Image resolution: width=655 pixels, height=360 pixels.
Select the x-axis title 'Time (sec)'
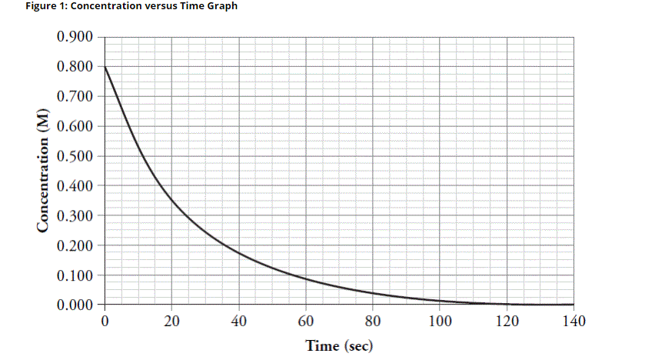click(x=339, y=345)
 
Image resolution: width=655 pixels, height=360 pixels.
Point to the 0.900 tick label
click(x=75, y=37)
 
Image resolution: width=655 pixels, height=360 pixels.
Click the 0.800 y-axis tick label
click(x=75, y=67)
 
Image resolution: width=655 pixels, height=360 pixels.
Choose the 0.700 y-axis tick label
click(x=75, y=97)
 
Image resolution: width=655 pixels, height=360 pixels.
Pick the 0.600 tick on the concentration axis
click(x=75, y=127)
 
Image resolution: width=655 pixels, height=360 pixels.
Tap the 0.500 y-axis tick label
click(x=75, y=157)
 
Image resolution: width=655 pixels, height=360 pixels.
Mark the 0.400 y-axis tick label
click(x=75, y=186)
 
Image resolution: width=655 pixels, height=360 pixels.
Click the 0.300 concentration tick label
click(x=75, y=216)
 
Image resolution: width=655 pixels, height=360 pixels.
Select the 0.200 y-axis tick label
click(x=75, y=246)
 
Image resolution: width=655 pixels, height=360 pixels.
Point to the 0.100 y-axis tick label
click(x=75, y=276)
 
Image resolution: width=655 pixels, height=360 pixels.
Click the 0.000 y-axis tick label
click(x=75, y=305)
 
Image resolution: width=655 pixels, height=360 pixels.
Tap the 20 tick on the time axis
click(x=171, y=321)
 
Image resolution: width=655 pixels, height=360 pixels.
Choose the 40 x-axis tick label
click(x=238, y=321)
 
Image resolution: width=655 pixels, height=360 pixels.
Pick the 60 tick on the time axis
click(x=306, y=321)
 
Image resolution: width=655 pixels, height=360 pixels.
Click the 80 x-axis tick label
click(x=373, y=321)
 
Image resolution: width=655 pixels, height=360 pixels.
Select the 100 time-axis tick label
click(x=440, y=321)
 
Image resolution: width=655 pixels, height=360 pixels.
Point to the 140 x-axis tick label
click(x=574, y=321)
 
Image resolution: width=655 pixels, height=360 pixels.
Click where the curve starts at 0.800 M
click(x=105, y=67)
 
